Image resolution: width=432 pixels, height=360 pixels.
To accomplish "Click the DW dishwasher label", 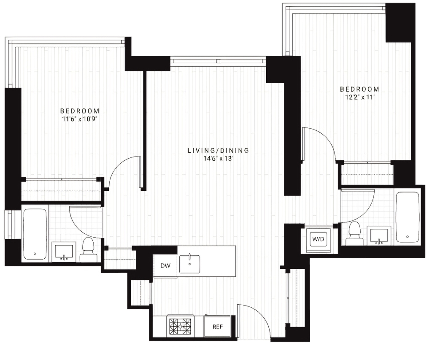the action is (x=165, y=266).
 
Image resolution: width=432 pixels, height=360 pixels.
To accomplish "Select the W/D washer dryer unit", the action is (x=318, y=239).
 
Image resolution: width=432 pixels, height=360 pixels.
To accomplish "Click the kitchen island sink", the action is (x=189, y=264).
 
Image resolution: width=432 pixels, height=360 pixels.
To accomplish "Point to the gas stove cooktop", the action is (x=180, y=327).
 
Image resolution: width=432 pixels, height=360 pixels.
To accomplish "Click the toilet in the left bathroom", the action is (x=89, y=250).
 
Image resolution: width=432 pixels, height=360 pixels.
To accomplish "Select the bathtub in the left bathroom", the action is (x=35, y=234).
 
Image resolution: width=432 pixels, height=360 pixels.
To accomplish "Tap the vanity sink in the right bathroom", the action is (x=380, y=235).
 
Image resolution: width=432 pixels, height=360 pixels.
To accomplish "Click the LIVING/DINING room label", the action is (x=218, y=151).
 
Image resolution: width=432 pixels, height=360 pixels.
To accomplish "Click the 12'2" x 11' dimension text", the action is (x=359, y=97).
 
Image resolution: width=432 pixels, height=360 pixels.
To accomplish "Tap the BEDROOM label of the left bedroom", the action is (x=80, y=111).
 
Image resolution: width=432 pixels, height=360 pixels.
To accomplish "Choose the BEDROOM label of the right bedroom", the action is (x=359, y=89).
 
